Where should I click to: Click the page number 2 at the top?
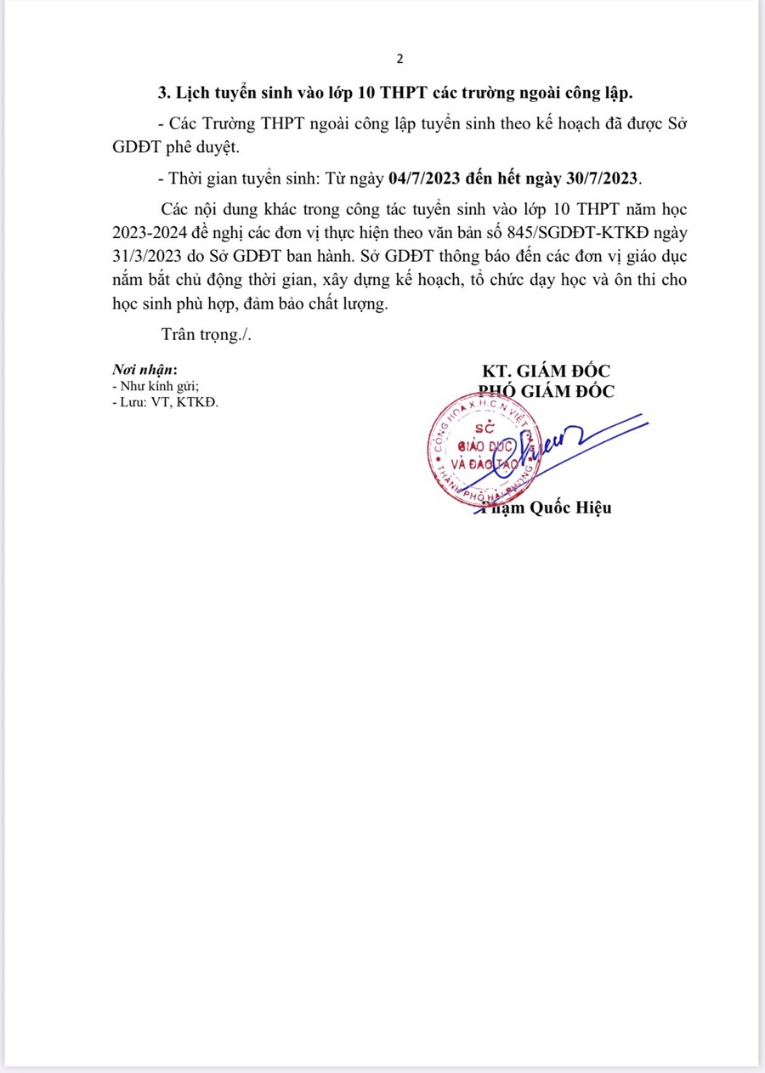pyautogui.click(x=399, y=60)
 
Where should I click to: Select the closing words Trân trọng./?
pyautogui.click(x=207, y=335)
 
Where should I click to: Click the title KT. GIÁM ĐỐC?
pyautogui.click(x=546, y=372)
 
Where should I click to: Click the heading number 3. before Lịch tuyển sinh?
pyautogui.click(x=166, y=91)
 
